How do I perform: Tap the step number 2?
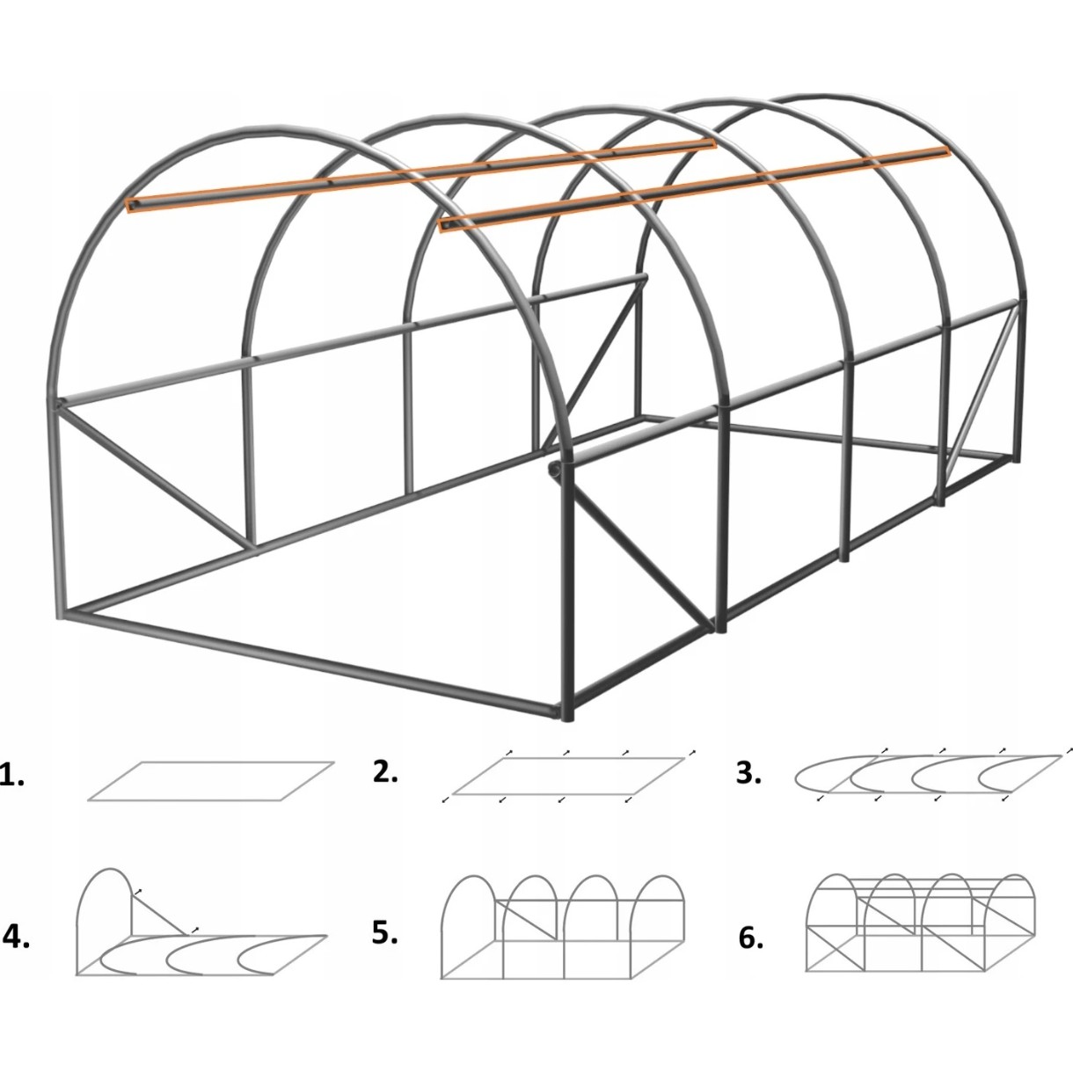click(385, 771)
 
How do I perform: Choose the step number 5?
click(385, 932)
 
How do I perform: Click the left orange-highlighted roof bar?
click(420, 175)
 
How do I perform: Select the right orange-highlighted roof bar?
click(693, 188)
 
